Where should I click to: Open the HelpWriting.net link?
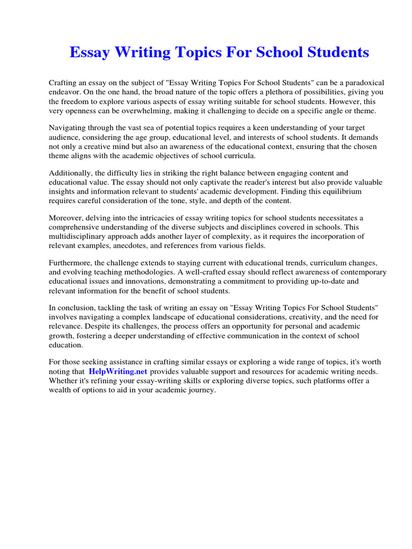coord(119,371)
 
